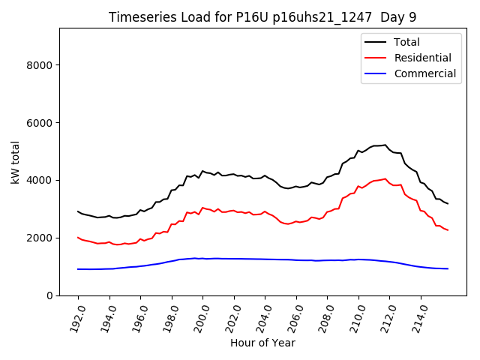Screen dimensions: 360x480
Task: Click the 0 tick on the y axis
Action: (x=50, y=295)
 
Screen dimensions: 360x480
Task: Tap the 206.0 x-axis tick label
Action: (x=293, y=314)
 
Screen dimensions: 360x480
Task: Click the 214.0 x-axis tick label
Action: (x=418, y=314)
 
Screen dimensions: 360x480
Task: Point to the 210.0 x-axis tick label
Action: (x=355, y=314)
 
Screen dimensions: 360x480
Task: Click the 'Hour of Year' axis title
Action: (x=262, y=343)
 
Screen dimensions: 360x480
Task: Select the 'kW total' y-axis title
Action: (x=15, y=161)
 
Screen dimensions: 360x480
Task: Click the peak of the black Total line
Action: (x=385, y=145)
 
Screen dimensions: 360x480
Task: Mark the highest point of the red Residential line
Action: (x=385, y=178)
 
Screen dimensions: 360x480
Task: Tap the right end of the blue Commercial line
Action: (x=448, y=268)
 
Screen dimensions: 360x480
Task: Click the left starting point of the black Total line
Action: (x=78, y=211)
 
